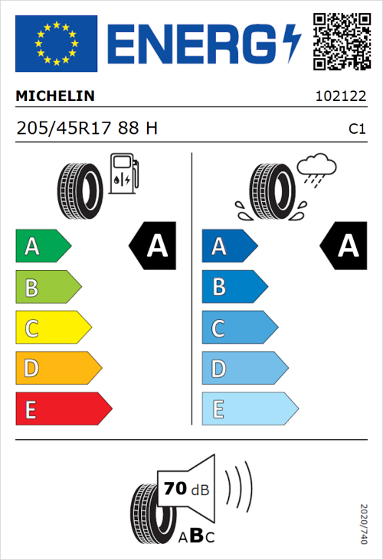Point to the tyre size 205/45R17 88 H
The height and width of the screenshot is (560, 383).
[87, 129]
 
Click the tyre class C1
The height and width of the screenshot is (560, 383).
[356, 129]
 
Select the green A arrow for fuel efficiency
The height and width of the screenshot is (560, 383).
[42, 246]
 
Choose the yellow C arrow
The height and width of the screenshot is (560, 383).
[52, 328]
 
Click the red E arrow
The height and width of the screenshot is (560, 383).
[62, 409]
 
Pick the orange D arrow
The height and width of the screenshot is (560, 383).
[57, 369]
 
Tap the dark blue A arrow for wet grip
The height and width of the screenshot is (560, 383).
[228, 246]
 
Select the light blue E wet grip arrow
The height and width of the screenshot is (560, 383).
[248, 409]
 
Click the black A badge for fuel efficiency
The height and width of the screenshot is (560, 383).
[152, 246]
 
